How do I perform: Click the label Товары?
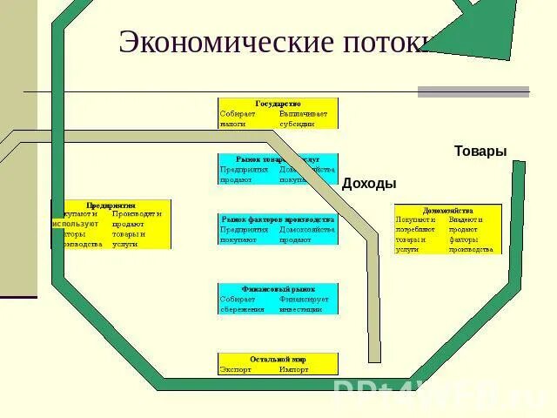click(480, 152)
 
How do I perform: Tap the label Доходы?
click(369, 184)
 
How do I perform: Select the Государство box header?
click(278, 103)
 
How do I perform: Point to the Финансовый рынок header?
click(278, 288)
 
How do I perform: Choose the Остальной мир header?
click(278, 358)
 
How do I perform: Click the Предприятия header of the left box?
click(111, 205)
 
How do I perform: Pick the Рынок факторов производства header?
click(278, 219)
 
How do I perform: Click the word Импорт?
click(293, 369)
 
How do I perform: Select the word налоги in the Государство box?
click(233, 124)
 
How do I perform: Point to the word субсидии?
click(297, 124)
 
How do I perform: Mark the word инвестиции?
click(301, 309)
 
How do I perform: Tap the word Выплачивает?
click(304, 113)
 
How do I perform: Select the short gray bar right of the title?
click(473, 91)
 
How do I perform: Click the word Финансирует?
click(304, 299)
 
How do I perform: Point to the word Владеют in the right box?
click(465, 219)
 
